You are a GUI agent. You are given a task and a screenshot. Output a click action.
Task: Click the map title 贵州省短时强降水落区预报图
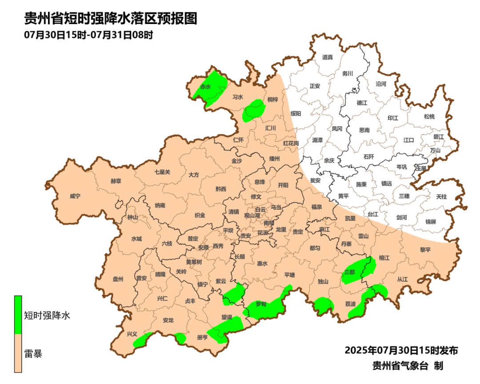(x=111, y=19)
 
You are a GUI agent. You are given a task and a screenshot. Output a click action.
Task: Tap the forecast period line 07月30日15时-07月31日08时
(x=88, y=35)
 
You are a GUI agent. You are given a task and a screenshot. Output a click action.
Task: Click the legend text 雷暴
(x=33, y=354)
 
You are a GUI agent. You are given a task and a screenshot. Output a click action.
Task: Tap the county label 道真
(x=328, y=57)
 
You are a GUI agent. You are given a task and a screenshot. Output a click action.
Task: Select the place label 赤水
(x=205, y=87)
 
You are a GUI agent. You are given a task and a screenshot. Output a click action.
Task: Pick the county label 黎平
(x=425, y=250)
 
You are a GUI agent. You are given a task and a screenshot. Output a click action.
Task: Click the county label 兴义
(x=132, y=334)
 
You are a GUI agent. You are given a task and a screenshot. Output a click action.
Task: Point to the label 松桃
(x=429, y=117)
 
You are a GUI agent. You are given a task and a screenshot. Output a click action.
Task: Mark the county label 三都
(x=350, y=272)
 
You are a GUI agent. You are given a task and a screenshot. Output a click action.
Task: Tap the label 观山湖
(x=252, y=215)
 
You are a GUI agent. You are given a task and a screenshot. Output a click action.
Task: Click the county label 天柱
(x=441, y=196)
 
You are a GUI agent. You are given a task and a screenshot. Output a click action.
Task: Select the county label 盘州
(x=118, y=279)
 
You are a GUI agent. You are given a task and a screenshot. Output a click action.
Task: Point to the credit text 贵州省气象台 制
(x=408, y=366)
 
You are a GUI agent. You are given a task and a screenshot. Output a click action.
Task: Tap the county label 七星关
(x=162, y=172)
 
